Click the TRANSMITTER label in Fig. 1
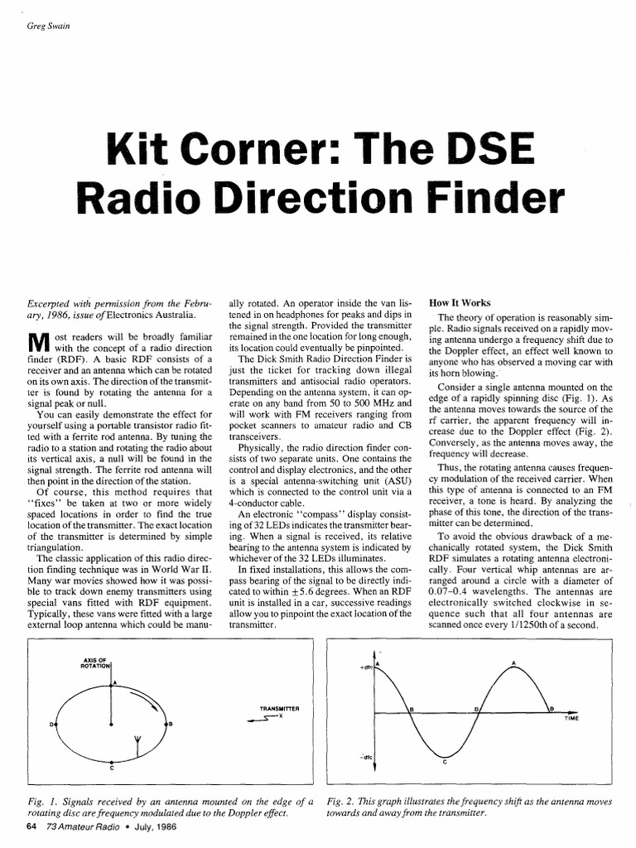click(278, 710)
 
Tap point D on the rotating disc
click(51, 724)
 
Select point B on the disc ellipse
click(170, 724)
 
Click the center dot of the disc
click(112, 724)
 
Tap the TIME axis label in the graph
click(571, 720)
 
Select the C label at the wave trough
click(445, 763)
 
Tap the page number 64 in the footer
click(31, 826)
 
